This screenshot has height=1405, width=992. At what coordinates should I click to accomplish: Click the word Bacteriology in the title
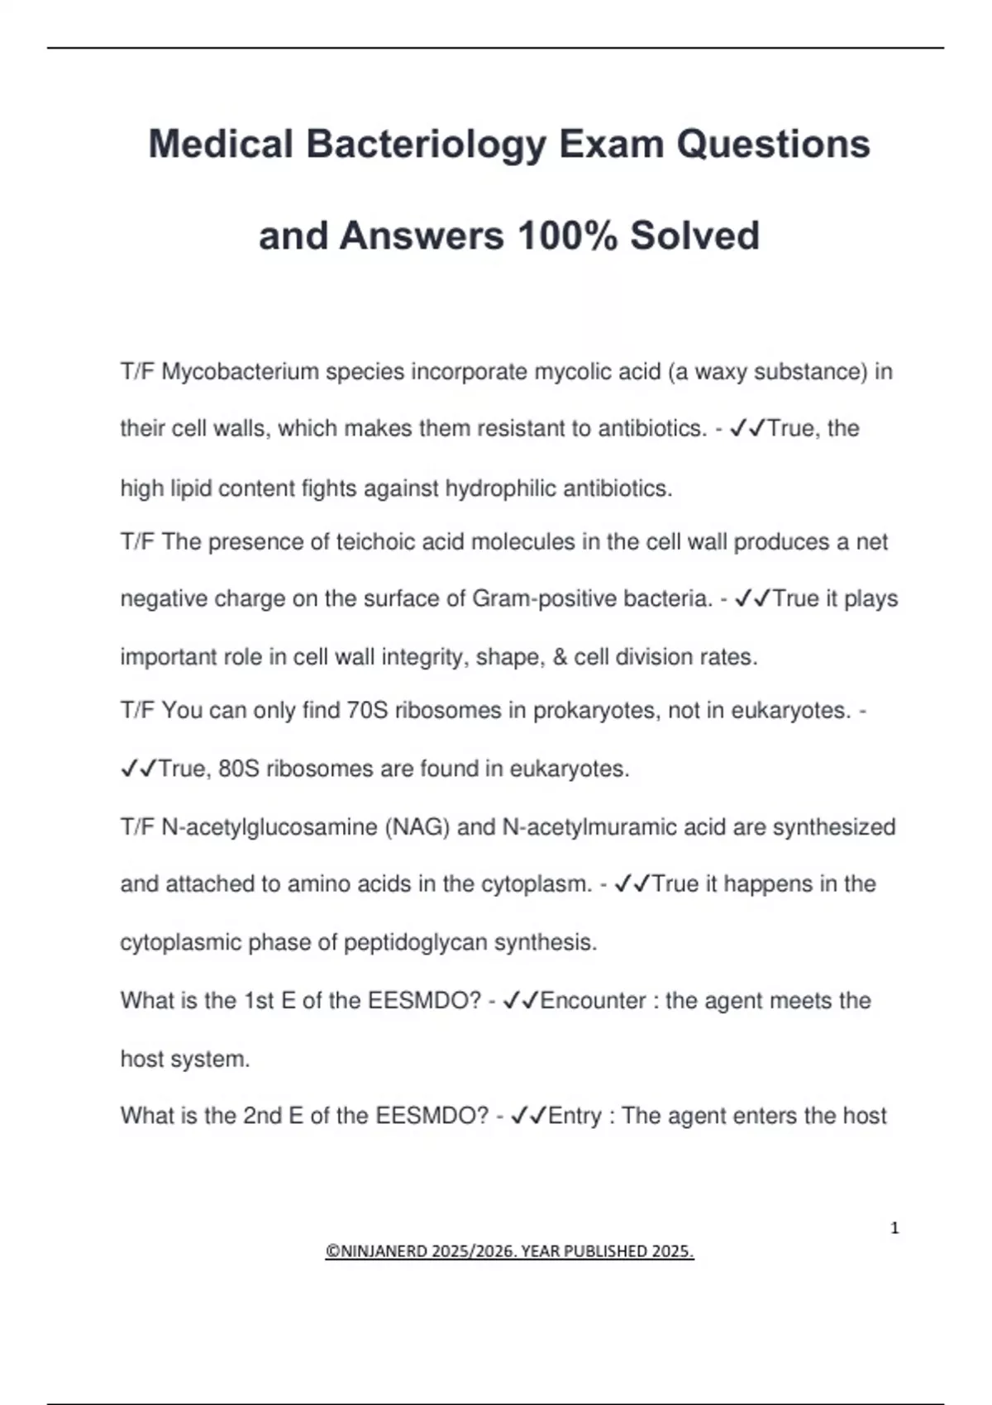(x=426, y=145)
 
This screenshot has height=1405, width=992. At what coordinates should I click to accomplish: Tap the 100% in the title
(x=567, y=236)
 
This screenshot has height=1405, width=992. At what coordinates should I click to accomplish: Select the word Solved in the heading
(x=694, y=236)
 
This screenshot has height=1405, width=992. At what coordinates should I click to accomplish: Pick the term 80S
(x=239, y=769)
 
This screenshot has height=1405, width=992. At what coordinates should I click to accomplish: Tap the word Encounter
(x=593, y=1001)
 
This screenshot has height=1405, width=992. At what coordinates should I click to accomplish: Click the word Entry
(x=575, y=1116)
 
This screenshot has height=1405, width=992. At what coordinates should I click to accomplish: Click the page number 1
(x=894, y=1228)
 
